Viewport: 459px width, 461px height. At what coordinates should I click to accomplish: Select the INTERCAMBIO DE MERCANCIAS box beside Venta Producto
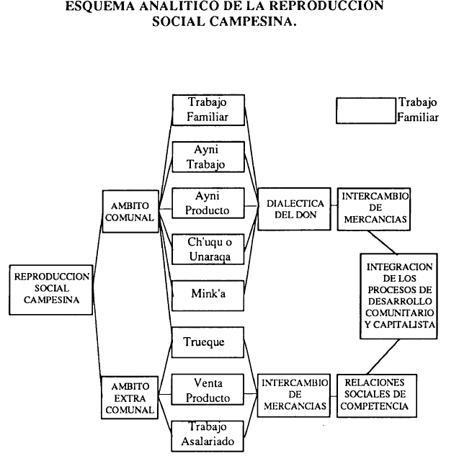coord(295,395)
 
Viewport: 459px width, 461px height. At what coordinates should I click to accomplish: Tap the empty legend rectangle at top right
coord(366,112)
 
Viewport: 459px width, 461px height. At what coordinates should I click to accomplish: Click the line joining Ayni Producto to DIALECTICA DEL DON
coord(251,205)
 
